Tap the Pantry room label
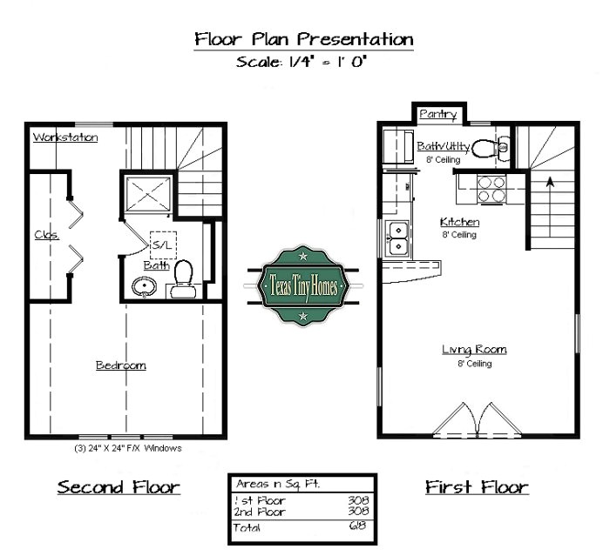coord(438,114)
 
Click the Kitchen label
coord(459,222)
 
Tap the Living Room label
coord(473,350)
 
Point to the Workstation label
coord(65,137)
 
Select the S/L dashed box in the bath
coord(163,245)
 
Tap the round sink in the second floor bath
coord(142,285)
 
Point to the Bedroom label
coord(120,365)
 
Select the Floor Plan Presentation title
coord(303,39)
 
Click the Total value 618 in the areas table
coord(358,527)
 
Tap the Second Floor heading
coord(119,486)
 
